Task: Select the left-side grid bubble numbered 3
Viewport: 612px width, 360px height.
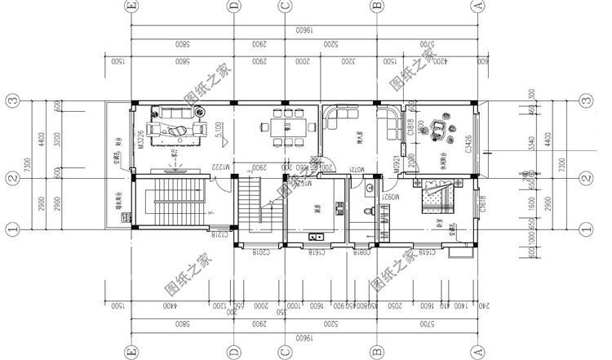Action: click(x=11, y=102)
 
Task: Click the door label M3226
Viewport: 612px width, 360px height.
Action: click(x=142, y=140)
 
